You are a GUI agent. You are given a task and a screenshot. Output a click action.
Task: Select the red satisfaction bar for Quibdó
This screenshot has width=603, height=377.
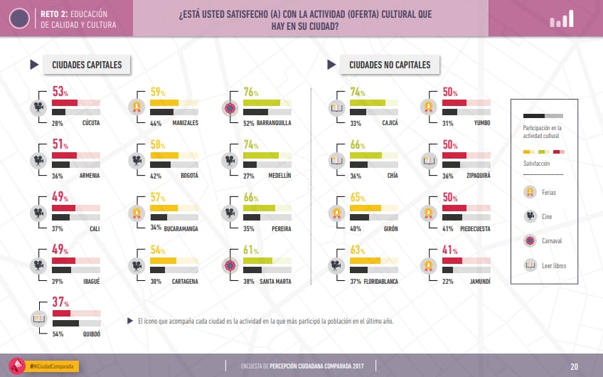point(62,314)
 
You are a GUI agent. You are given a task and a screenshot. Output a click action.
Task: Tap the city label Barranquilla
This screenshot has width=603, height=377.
point(273,123)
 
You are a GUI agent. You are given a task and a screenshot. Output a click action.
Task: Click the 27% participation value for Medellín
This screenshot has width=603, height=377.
point(250,176)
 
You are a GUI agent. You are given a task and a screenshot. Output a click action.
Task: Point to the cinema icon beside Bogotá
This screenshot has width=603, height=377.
point(134,161)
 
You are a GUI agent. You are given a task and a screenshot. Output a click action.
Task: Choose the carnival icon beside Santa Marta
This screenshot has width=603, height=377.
point(230,266)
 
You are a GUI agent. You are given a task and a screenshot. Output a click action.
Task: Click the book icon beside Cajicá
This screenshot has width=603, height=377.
point(336,108)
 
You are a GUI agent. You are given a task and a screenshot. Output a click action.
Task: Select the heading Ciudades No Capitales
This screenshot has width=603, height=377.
point(390,65)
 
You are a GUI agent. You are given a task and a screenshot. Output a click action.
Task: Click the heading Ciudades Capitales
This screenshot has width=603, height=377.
point(87,65)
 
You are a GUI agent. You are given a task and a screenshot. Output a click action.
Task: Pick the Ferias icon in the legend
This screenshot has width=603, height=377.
point(529,192)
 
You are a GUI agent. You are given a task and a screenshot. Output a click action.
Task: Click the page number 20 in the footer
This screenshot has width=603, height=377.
point(574,366)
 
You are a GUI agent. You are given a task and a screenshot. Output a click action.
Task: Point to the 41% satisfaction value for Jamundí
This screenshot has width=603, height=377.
point(449,250)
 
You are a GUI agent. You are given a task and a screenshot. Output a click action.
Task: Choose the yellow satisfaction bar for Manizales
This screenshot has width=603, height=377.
point(164,103)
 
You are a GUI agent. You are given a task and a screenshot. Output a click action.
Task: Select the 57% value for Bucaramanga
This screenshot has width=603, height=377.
point(158,198)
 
